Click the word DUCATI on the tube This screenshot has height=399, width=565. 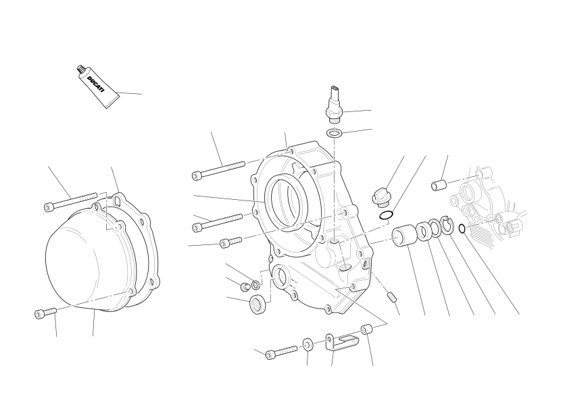pyautogui.click(x=95, y=84)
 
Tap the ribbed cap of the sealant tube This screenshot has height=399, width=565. pyautogui.click(x=80, y=69)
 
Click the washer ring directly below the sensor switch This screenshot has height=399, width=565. pyautogui.click(x=335, y=133)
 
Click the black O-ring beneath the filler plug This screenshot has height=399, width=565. pyautogui.click(x=386, y=216)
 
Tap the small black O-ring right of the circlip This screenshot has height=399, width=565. pyautogui.click(x=462, y=228)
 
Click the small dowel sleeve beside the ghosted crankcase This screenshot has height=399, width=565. pyautogui.click(x=439, y=185)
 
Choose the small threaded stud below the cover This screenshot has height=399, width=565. pyautogui.click(x=392, y=297)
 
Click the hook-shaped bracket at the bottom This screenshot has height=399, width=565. pyautogui.click(x=341, y=342)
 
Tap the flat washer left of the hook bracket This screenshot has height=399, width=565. pyautogui.click(x=308, y=344)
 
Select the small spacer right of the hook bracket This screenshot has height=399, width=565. pyautogui.click(x=366, y=329)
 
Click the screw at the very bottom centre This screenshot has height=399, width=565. pyautogui.click(x=281, y=352)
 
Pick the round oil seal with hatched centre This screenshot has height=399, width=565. pyautogui.click(x=258, y=304)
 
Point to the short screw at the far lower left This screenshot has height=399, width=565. pyautogui.click(x=46, y=313)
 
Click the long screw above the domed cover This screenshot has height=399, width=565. pyautogui.click(x=70, y=202)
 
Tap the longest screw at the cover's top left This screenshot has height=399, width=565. pyautogui.click(x=218, y=170)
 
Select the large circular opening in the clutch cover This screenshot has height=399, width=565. pyautogui.click(x=287, y=201)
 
